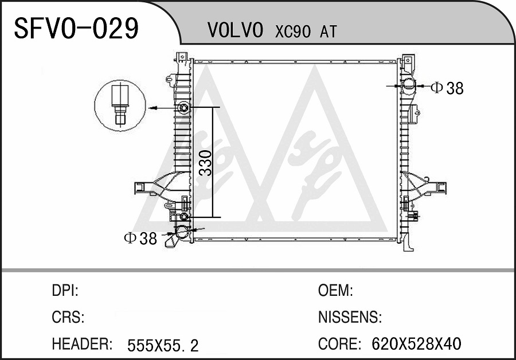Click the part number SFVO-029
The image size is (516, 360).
(x=76, y=28)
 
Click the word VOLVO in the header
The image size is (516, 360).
(x=235, y=30)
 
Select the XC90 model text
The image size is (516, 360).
(x=293, y=32)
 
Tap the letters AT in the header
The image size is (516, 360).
(x=328, y=32)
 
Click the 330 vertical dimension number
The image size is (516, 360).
(x=206, y=163)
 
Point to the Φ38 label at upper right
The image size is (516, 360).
(x=447, y=88)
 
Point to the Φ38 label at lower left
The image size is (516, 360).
(x=140, y=238)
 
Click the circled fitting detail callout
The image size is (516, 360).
(x=120, y=105)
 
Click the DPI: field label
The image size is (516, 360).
(x=65, y=291)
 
